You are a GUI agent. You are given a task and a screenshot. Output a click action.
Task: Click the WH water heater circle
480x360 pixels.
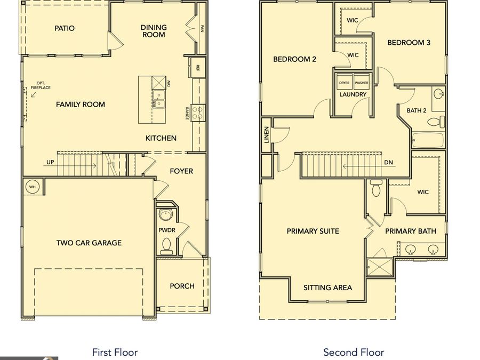(33, 187)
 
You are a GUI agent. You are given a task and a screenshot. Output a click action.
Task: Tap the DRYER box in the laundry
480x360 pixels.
(345, 82)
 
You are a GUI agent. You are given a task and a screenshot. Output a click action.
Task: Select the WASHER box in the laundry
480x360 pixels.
(362, 82)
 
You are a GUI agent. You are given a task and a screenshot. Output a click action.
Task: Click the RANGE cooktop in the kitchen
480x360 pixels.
(198, 113)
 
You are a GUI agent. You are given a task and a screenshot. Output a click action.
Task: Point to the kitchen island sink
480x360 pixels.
(158, 99)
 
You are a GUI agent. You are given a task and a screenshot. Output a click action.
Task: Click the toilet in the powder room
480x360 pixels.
(166, 246)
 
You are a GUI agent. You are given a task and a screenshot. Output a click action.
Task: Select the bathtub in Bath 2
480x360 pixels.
(428, 140)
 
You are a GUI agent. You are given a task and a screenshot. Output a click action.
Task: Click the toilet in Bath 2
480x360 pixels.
(436, 122)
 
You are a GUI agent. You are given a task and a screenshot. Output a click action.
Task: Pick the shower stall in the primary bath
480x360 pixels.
(380, 267)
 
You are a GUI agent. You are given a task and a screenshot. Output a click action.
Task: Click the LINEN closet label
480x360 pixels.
(266, 135)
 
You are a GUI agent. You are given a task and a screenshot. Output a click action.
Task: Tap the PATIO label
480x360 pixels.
(65, 28)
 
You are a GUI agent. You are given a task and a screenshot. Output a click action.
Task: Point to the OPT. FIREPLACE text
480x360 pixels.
(41, 85)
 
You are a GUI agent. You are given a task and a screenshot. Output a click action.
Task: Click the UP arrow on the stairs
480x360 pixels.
(70, 166)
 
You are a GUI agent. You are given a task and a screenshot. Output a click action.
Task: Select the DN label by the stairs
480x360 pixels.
(388, 162)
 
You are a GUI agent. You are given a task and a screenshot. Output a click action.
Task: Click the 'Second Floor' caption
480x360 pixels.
(354, 353)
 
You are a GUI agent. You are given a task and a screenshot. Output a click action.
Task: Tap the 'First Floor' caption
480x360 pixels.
(115, 353)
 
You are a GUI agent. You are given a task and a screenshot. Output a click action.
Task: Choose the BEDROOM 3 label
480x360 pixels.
(409, 43)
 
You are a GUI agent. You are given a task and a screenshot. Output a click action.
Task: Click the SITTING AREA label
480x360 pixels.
(327, 288)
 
